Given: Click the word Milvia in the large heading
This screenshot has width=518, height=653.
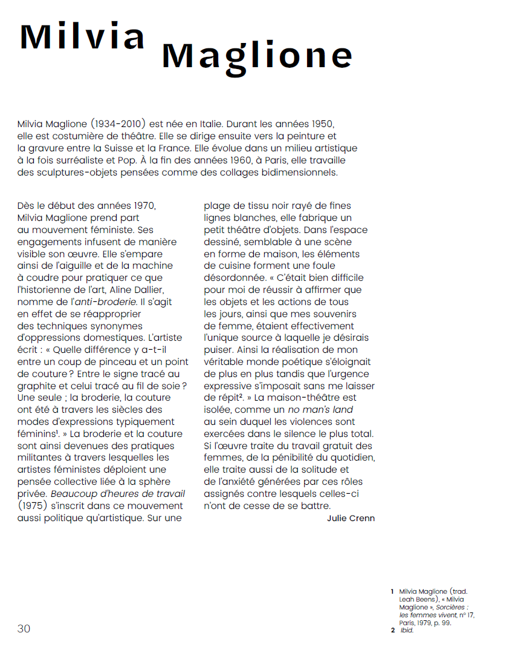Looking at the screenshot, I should click(x=83, y=36).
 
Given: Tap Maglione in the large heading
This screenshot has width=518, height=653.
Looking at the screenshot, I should click(x=257, y=56).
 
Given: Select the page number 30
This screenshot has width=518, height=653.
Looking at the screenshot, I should click(x=24, y=628).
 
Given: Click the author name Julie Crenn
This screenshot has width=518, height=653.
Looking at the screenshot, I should click(x=351, y=518).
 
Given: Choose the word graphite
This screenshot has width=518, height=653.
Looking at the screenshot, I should click(x=37, y=386).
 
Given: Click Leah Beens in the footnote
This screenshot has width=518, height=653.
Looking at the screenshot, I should click(x=418, y=599).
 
